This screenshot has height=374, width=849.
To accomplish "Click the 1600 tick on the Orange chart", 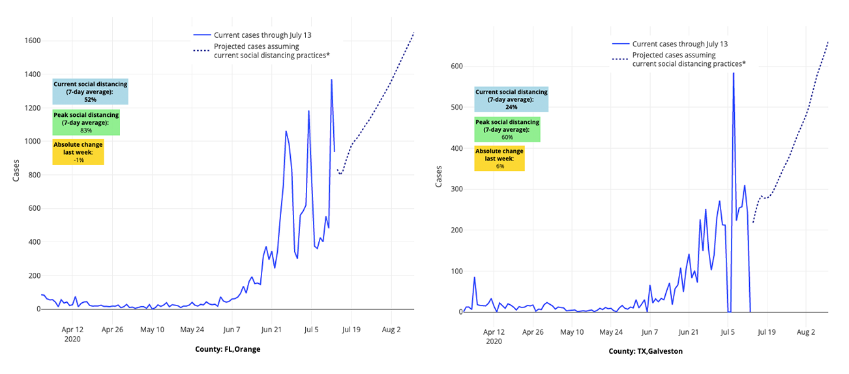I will pyautogui.click(x=32, y=41).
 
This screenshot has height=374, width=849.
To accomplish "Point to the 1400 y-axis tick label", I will pyautogui.click(x=32, y=74).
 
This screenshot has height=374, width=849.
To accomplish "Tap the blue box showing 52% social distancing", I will pyautogui.click(x=90, y=92).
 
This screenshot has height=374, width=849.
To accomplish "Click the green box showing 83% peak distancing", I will pyautogui.click(x=86, y=123).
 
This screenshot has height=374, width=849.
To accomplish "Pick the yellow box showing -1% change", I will pyautogui.click(x=78, y=152).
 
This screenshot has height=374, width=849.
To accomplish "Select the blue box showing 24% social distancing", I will pyautogui.click(x=511, y=99).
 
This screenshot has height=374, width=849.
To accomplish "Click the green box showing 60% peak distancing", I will pyautogui.click(x=507, y=130).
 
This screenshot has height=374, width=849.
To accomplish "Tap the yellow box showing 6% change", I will pyautogui.click(x=499, y=159).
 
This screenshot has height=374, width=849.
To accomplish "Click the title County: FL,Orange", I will pyautogui.click(x=228, y=349).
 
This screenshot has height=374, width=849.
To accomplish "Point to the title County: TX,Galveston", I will pyautogui.click(x=646, y=351).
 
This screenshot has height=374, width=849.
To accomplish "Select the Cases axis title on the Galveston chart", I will pyautogui.click(x=439, y=177).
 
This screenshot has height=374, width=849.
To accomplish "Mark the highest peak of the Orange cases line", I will pyautogui.click(x=331, y=80).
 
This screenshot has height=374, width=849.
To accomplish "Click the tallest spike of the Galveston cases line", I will pyautogui.click(x=733, y=72).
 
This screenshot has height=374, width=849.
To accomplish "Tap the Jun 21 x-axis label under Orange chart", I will pyautogui.click(x=270, y=330).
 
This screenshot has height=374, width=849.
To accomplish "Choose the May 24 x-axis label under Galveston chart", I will pyautogui.click(x=611, y=332).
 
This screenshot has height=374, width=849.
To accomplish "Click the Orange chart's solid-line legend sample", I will pyautogui.click(x=201, y=35).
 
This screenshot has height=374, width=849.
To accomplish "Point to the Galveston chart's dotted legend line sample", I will pyautogui.click(x=619, y=60).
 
